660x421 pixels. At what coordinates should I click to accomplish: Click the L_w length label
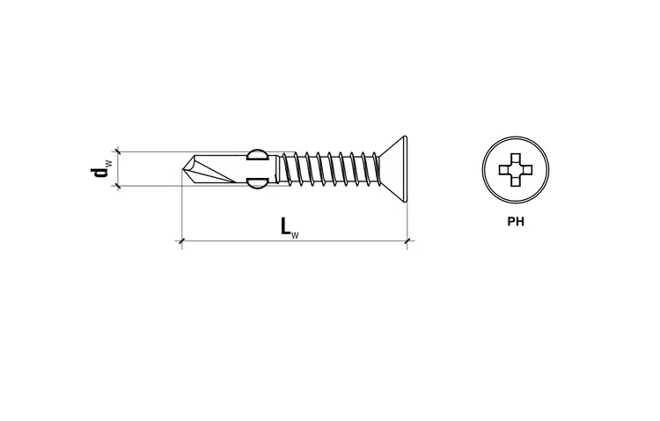[x=290, y=227]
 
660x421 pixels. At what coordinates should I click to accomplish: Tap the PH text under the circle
[x=516, y=222]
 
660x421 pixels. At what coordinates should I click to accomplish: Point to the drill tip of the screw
[x=182, y=169]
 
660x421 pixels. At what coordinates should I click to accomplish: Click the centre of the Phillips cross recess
[x=516, y=170]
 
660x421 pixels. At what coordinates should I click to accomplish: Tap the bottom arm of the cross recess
[x=516, y=181]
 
